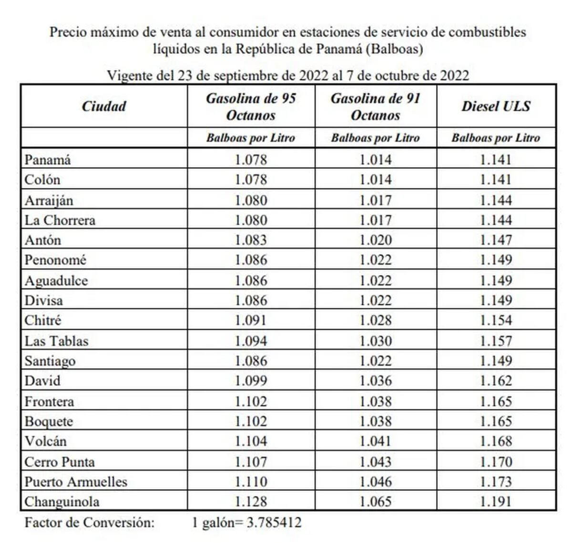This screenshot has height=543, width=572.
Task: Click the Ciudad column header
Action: (x=104, y=106)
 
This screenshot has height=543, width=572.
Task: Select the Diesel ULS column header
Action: (x=496, y=106)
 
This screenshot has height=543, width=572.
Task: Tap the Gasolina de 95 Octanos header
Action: (x=251, y=107)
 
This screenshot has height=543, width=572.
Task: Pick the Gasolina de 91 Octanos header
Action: (x=376, y=107)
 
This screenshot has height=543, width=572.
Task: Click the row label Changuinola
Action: (x=62, y=502)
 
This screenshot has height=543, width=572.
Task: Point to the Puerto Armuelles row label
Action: (x=76, y=482)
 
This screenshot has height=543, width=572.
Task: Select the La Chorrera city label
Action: (x=60, y=220)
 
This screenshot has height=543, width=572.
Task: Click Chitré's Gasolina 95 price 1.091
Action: (x=251, y=320)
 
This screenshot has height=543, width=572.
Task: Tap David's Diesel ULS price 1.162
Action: (x=496, y=381)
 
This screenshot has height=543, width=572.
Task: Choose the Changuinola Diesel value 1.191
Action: (x=496, y=502)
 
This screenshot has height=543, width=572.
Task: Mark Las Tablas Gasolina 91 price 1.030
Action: (x=376, y=341)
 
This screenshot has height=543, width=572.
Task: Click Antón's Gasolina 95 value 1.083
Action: (x=251, y=240)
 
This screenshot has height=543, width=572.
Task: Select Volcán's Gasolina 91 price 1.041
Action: (x=376, y=441)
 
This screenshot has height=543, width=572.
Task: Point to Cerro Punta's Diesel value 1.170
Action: (x=496, y=462)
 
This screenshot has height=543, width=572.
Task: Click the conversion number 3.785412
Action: (x=274, y=522)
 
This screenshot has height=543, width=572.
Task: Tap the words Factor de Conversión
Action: (x=90, y=522)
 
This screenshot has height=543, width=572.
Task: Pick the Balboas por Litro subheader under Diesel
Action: (x=496, y=138)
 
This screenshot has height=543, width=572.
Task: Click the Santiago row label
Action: (x=50, y=361)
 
